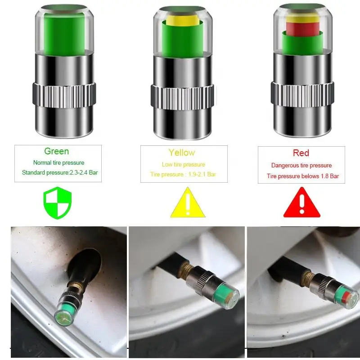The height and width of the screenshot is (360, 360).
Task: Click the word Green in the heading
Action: (56, 151)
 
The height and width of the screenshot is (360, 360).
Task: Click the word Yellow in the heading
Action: (182, 153)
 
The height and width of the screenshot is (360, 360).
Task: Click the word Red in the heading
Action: (301, 153)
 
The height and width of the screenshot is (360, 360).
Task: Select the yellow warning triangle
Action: (188, 203)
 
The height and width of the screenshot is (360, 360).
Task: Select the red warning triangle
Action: (301, 203)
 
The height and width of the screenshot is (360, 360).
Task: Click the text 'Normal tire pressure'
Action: (58, 162)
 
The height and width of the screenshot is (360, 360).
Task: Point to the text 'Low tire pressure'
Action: (183, 164)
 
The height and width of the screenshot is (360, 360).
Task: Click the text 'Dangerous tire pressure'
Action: (301, 165)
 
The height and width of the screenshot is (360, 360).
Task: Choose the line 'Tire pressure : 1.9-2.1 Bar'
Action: (183, 174)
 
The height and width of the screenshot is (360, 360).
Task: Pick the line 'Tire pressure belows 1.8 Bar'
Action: (303, 176)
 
